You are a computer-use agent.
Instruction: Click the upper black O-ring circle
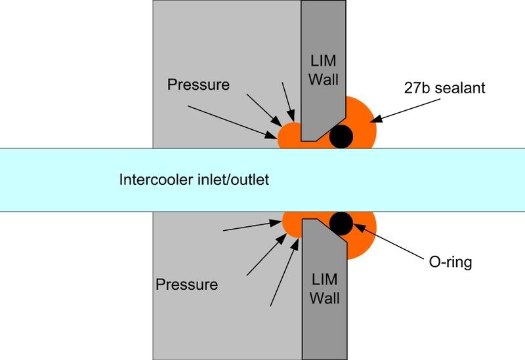(x=341, y=136)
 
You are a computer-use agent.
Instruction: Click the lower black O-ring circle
(x=341, y=224)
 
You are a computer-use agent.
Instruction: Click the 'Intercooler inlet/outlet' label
(x=194, y=180)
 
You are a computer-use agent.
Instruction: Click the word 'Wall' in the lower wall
(x=324, y=298)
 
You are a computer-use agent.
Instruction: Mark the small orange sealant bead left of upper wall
(x=289, y=136)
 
